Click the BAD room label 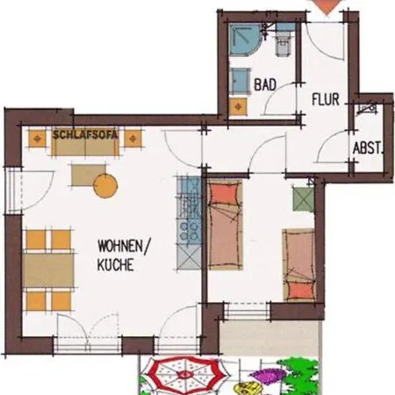point(265,85)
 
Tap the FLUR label point(326,99)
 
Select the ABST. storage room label point(368,148)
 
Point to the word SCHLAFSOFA point(85,134)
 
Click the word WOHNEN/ point(124,246)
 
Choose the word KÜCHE point(115,264)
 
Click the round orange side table point(105,185)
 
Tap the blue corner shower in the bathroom point(244,39)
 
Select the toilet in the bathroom point(283,40)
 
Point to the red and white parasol point(186,375)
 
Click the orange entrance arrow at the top point(326,6)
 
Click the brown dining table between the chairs point(48,270)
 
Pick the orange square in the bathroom point(238,107)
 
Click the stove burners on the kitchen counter point(189,231)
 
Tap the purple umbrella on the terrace point(267,376)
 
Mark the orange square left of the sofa point(37,139)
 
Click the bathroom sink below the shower point(240,82)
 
